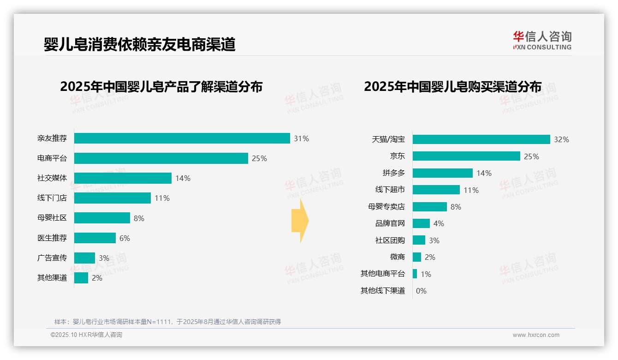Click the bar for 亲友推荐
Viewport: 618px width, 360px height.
point(182,138)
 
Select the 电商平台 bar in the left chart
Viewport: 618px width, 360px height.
point(161,158)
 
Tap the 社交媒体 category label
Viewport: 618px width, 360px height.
point(52,178)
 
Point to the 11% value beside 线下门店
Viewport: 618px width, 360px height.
point(162,198)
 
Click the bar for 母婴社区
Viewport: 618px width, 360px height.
point(102,218)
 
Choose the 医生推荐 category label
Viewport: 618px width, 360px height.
point(52,238)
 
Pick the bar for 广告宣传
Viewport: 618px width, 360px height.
point(84,258)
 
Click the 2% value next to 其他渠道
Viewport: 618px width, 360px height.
point(97,278)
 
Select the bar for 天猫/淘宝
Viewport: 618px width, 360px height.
point(481,139)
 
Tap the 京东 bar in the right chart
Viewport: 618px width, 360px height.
point(466,156)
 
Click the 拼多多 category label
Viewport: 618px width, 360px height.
point(393,173)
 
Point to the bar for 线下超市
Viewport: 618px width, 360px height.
point(436,190)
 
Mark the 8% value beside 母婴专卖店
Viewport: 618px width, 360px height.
point(456,207)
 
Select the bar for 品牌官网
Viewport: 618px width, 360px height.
point(421,223)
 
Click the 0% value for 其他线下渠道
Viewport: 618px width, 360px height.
point(421,291)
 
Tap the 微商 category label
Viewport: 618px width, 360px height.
point(397,257)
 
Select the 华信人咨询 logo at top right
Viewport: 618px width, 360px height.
point(542,40)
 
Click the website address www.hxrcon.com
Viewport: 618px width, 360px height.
point(536,335)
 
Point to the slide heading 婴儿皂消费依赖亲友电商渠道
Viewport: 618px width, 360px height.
point(139,44)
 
